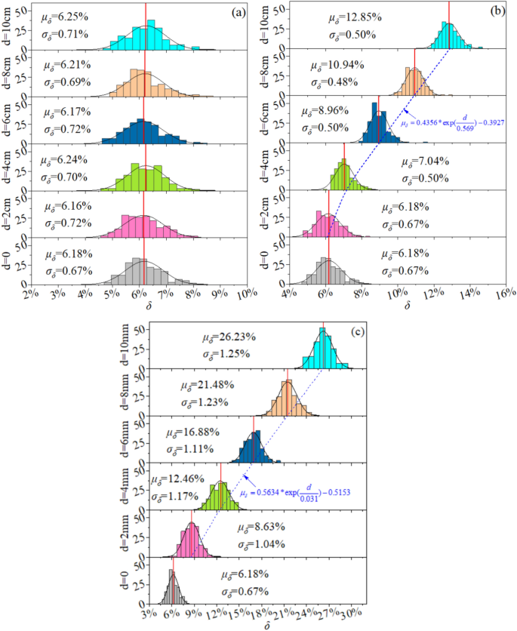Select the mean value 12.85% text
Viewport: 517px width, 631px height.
click(358, 18)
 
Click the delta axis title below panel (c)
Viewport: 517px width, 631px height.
click(267, 625)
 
